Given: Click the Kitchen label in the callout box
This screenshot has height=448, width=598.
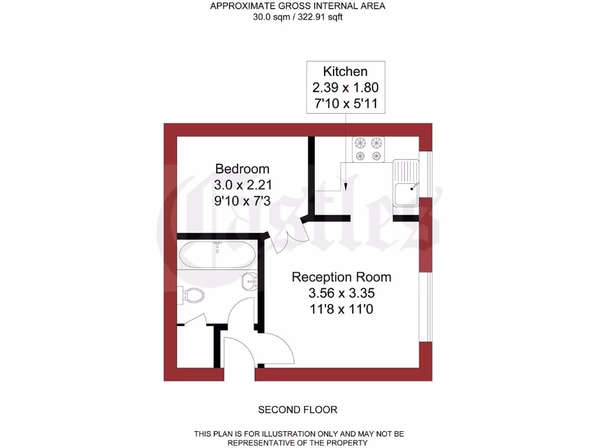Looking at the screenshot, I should pyautogui.click(x=346, y=72).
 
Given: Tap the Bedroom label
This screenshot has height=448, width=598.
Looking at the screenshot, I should pyautogui.click(x=242, y=169).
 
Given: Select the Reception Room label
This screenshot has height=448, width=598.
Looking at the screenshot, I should pyautogui.click(x=342, y=276).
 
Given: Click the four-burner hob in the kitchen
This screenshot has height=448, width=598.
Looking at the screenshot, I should pyautogui.click(x=367, y=149).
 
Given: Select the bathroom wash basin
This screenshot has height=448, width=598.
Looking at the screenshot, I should pyautogui.click(x=251, y=281).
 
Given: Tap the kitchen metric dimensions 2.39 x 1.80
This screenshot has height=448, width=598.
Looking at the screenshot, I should pyautogui.click(x=346, y=88).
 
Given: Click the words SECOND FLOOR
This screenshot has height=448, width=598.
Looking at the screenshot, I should pyautogui.click(x=298, y=409).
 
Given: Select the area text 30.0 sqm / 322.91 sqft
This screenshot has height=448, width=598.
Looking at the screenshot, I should pyautogui.click(x=298, y=17).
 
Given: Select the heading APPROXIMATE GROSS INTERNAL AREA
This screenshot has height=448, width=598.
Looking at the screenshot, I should pyautogui.click(x=298, y=6).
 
